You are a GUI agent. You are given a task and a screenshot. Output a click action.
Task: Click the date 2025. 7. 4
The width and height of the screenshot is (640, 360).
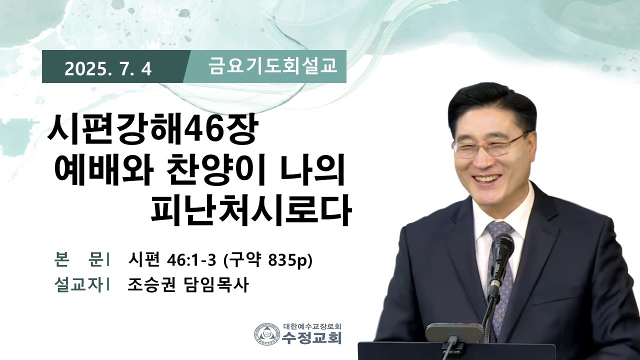(x=108, y=69)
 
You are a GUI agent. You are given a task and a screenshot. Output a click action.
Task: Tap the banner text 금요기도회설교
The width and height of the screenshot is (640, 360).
(x=273, y=66)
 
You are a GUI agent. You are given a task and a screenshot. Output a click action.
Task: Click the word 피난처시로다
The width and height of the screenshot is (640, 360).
(x=250, y=211)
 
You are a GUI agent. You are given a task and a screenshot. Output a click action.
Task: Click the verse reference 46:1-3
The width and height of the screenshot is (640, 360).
(x=191, y=260)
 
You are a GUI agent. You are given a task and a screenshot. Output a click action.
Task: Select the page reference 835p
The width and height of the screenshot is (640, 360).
(x=286, y=260)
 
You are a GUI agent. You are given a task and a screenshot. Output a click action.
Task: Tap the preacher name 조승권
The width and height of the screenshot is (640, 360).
(x=151, y=285)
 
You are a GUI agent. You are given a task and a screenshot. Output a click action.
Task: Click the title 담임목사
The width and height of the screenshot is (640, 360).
(x=215, y=285)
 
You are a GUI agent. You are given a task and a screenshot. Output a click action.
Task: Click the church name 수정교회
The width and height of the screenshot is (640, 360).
(x=311, y=338)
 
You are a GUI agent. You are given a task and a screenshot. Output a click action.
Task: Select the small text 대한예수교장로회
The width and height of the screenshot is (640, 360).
(x=312, y=326)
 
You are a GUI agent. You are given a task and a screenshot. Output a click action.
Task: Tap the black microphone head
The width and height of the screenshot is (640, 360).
(x=502, y=248)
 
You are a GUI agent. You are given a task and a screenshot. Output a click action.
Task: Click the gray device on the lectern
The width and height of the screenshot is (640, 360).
(x=454, y=332)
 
